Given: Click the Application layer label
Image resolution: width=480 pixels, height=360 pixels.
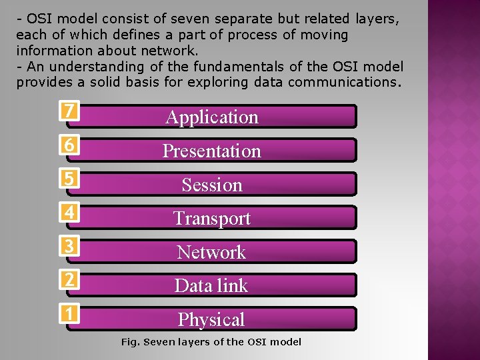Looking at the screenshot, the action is coord(212,117).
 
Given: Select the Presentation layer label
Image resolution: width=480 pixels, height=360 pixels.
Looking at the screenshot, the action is coord(212,151).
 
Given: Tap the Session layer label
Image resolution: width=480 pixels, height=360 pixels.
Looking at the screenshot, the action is coord(212,185).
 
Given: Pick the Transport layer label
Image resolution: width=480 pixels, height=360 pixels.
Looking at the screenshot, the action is coord(212,219).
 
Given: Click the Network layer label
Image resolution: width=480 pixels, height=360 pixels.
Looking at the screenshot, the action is coord(212,253).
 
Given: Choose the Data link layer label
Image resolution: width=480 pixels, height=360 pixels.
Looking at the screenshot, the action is coord(212,286).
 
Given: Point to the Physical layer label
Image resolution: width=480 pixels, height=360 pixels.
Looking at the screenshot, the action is coord(212,320).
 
